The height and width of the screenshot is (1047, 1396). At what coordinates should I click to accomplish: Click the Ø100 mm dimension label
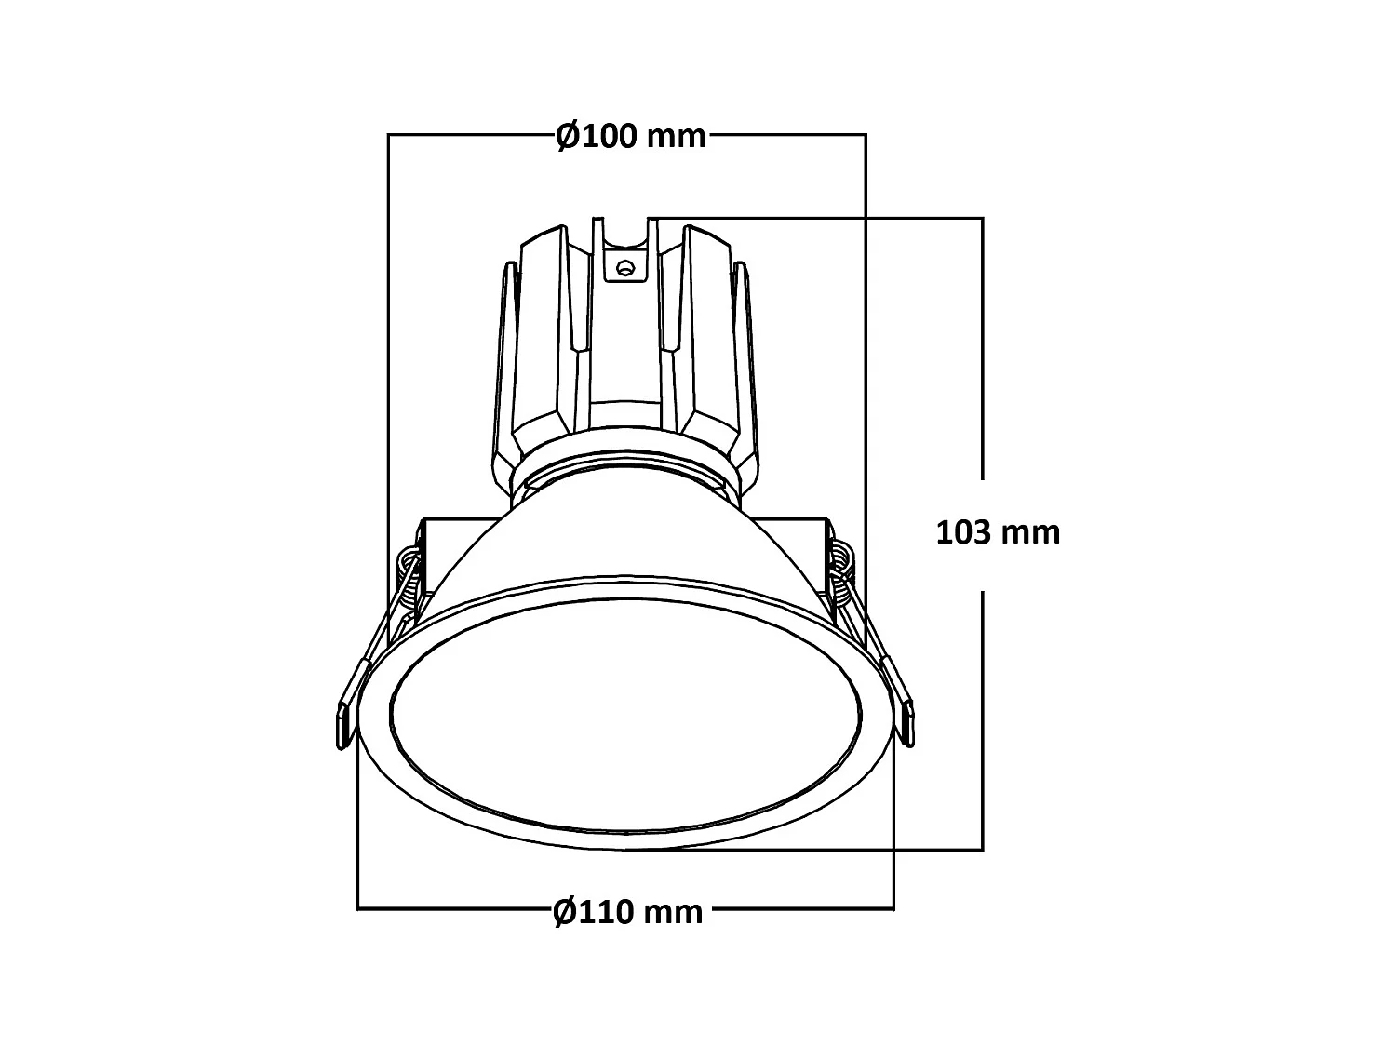click(631, 136)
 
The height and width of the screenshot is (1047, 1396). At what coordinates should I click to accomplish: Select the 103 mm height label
click(998, 532)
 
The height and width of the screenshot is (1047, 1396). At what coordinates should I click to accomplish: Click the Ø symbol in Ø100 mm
click(569, 136)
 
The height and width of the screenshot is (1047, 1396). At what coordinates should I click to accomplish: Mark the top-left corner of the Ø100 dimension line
click(389, 135)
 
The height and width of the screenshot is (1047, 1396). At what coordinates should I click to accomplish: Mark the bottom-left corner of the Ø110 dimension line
click(358, 907)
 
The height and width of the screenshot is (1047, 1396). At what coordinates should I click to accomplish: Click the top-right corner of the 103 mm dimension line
click(982, 218)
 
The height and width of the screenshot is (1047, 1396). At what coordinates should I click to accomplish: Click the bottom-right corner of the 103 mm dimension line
click(982, 849)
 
